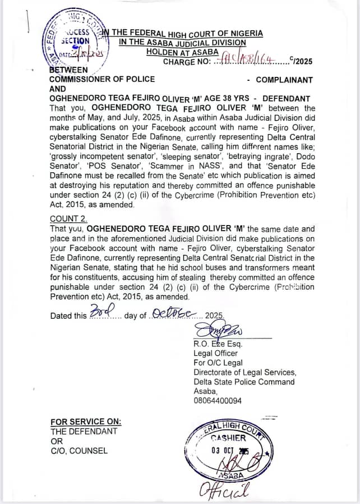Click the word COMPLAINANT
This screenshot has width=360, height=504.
pos(284,80)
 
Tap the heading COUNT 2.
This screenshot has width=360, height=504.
pos(68,219)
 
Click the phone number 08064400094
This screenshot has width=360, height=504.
pos(218,401)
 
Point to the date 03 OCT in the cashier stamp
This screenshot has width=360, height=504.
pos(223,451)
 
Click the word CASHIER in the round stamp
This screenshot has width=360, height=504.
pos(228,438)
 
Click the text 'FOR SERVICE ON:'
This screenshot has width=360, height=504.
pos(85,422)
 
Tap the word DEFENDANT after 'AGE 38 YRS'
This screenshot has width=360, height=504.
pos(283,98)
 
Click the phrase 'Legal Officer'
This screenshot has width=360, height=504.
pos(216,353)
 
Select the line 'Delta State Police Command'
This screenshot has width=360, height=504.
pos(244,382)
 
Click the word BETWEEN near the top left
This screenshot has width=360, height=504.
pos(68,70)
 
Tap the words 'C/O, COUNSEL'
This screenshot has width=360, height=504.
pos(79,450)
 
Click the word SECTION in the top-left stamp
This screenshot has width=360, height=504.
pos(75,41)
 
